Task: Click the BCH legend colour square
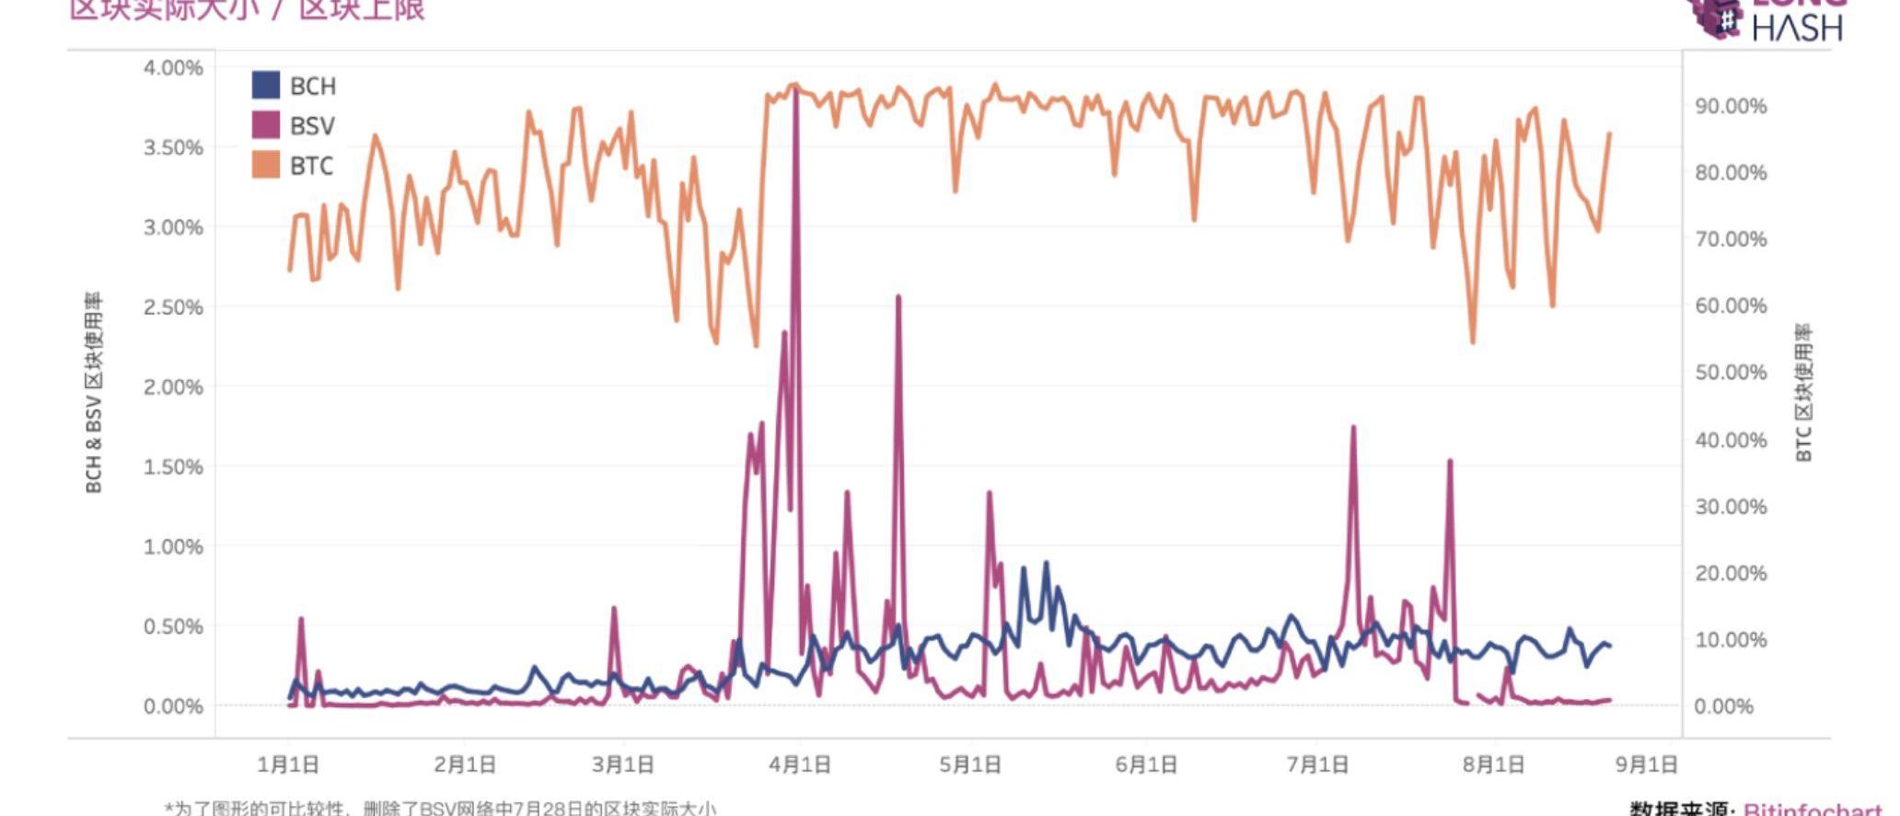[x=265, y=86]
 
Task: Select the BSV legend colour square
[x=265, y=125]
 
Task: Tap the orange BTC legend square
[x=265, y=165]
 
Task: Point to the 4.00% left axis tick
[x=173, y=68]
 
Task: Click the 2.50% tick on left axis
[x=173, y=308]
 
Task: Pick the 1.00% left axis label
[x=173, y=547]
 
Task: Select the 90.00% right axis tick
[x=1731, y=107]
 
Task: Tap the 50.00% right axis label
[x=1731, y=373]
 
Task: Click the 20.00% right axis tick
[x=1731, y=574]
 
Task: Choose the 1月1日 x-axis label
[x=288, y=764]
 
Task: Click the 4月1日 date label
[x=800, y=764]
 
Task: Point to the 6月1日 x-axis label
[x=1146, y=764]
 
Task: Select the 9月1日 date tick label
[x=1647, y=764]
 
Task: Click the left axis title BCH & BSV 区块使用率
[x=94, y=393]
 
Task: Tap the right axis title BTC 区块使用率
[x=1804, y=393]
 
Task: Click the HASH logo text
[x=1797, y=29]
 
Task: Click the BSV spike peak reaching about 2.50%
[x=898, y=297]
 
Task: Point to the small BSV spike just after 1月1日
[x=301, y=620]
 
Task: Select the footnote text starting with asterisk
[x=440, y=809]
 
